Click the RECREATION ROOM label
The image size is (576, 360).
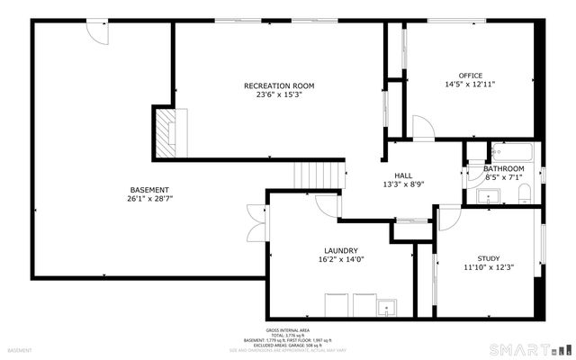279,85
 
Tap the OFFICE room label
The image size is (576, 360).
470,76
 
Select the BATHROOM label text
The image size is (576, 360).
504,168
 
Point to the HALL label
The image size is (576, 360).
403,175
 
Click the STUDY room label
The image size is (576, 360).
488,257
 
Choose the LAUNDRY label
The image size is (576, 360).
341,250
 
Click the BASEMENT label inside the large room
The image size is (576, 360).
149,189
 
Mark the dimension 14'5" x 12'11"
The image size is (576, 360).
470,85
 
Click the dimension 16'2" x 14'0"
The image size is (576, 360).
341,259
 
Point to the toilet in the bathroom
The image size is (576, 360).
527,192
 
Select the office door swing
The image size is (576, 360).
420,127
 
